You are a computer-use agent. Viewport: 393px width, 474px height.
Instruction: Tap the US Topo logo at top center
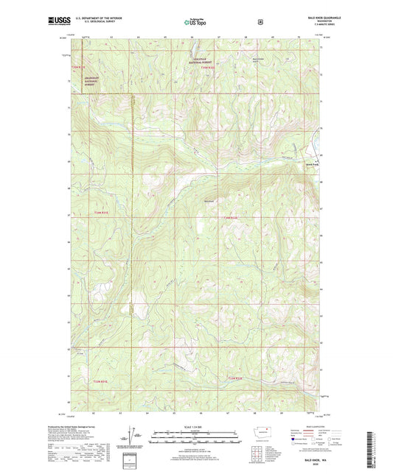195,22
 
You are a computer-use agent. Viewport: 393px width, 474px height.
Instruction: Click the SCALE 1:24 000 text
196,428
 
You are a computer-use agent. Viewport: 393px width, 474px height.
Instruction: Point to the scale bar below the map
196,439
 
